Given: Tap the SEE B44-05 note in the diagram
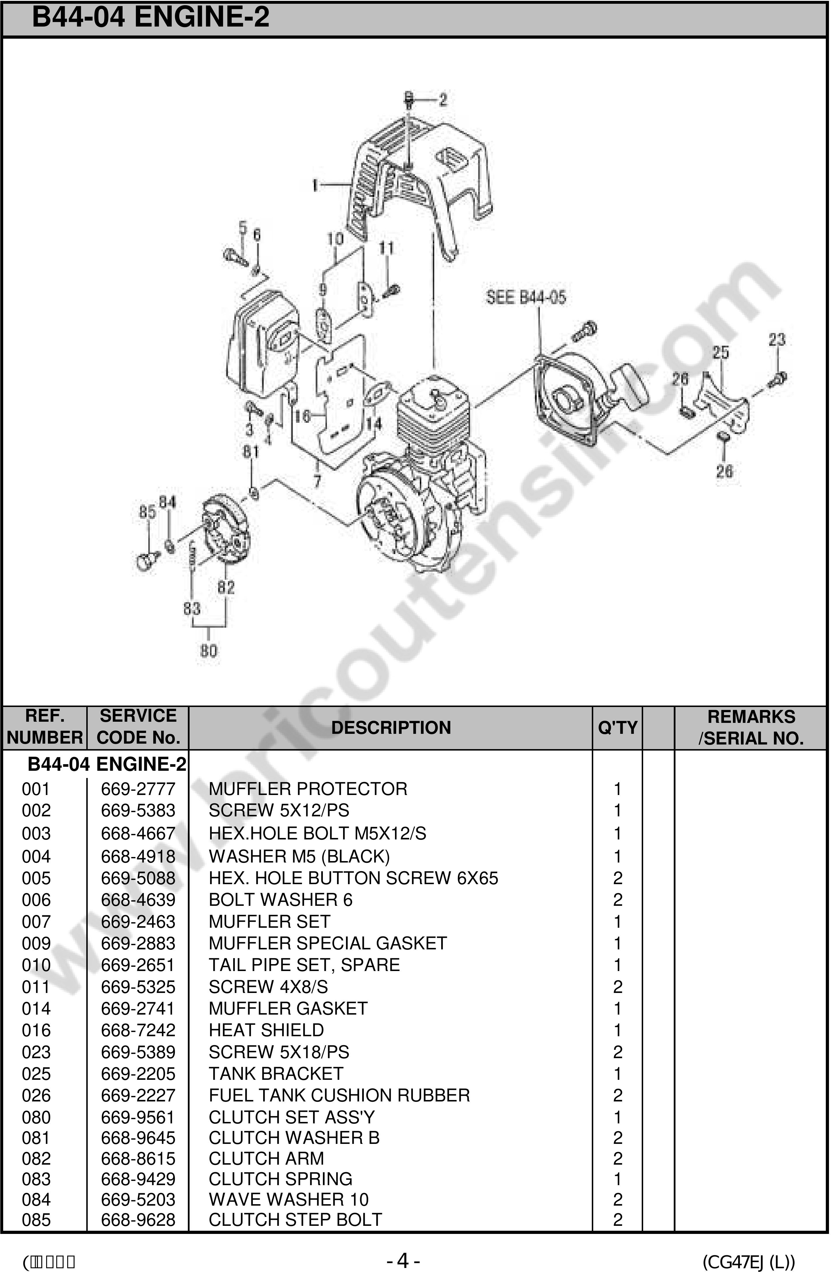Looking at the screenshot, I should point(526,297).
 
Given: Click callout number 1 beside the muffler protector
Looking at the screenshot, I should point(315,185).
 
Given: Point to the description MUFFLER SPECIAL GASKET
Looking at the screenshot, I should point(327,943).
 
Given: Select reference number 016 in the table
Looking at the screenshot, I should point(36,1030).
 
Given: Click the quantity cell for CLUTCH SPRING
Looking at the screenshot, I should point(617,1179).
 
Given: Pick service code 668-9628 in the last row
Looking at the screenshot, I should point(138,1220).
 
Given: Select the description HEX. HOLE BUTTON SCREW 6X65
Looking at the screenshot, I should point(353,878).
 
